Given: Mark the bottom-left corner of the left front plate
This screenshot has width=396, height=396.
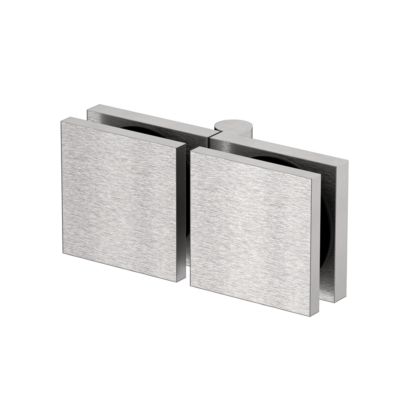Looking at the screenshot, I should [63, 254].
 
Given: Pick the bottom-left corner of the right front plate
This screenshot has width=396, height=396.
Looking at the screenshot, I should [190, 286].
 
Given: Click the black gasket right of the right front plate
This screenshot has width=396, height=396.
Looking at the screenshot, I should [325, 222].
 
